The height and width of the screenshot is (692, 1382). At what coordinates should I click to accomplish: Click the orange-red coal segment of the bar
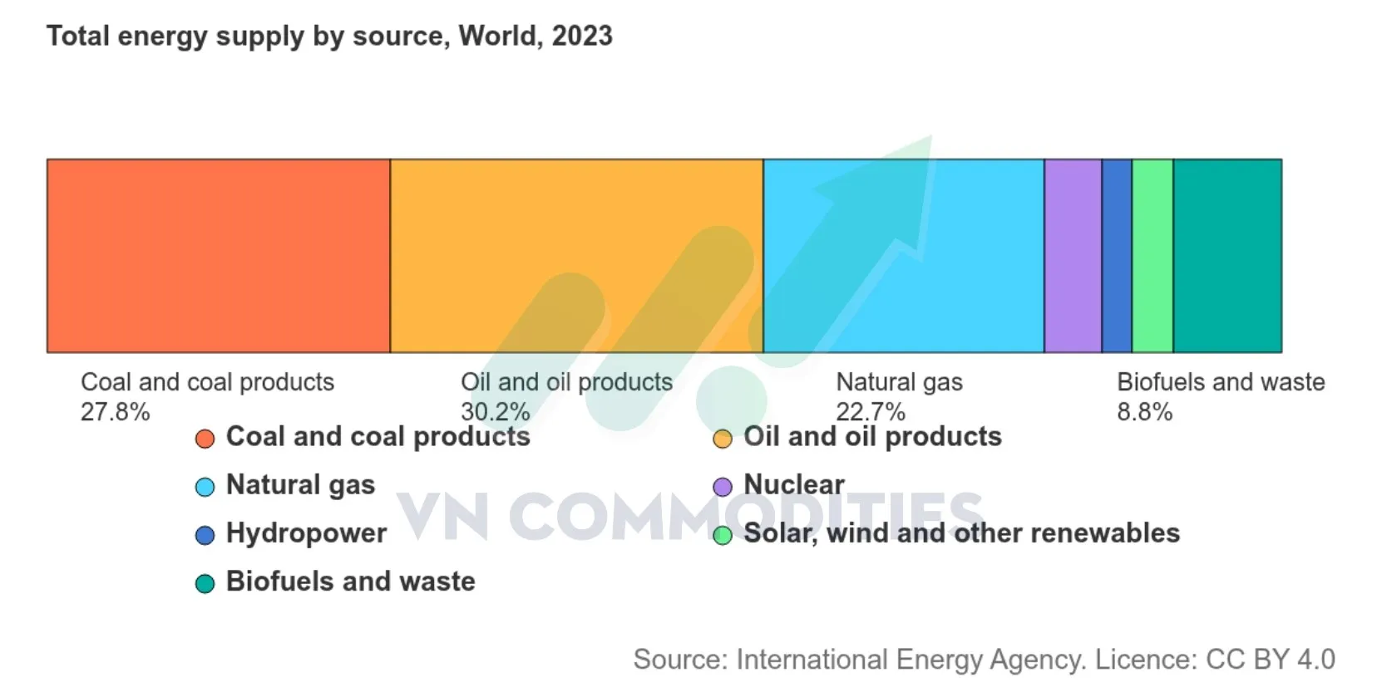click(x=219, y=256)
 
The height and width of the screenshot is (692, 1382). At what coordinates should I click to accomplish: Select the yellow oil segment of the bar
click(x=576, y=256)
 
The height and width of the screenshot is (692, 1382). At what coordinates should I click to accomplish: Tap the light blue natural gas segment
click(x=903, y=256)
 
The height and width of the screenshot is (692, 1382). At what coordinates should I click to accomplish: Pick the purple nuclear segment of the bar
click(x=1073, y=256)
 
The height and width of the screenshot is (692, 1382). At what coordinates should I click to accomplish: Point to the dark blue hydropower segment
click(x=1117, y=256)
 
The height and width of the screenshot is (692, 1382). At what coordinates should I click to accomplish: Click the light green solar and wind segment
click(x=1152, y=256)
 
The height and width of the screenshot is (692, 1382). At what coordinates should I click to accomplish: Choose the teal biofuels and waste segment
click(x=1228, y=256)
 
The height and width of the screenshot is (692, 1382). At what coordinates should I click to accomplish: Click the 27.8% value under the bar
click(x=116, y=411)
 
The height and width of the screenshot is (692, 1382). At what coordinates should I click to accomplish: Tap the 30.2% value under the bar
click(x=496, y=411)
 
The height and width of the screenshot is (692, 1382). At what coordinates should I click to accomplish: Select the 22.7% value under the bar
click(x=871, y=411)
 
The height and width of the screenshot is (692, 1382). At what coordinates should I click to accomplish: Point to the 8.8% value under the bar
click(x=1145, y=411)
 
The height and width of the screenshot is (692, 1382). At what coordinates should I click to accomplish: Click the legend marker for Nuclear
click(x=723, y=487)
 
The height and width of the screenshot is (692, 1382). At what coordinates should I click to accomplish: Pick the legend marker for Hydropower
click(x=205, y=535)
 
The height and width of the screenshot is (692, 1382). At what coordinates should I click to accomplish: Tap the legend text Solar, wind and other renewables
click(x=962, y=533)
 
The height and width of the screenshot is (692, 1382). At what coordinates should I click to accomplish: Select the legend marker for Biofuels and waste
click(x=205, y=583)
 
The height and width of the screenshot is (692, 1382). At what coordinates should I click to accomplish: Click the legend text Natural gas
click(x=300, y=485)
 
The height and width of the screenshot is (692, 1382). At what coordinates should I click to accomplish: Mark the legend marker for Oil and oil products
click(x=723, y=439)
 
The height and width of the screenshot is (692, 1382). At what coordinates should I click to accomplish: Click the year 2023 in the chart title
click(x=582, y=36)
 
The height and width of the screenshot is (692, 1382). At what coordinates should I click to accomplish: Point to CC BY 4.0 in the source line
click(x=1271, y=660)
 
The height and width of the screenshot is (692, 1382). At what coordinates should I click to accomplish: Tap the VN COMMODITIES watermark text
click(x=689, y=517)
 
